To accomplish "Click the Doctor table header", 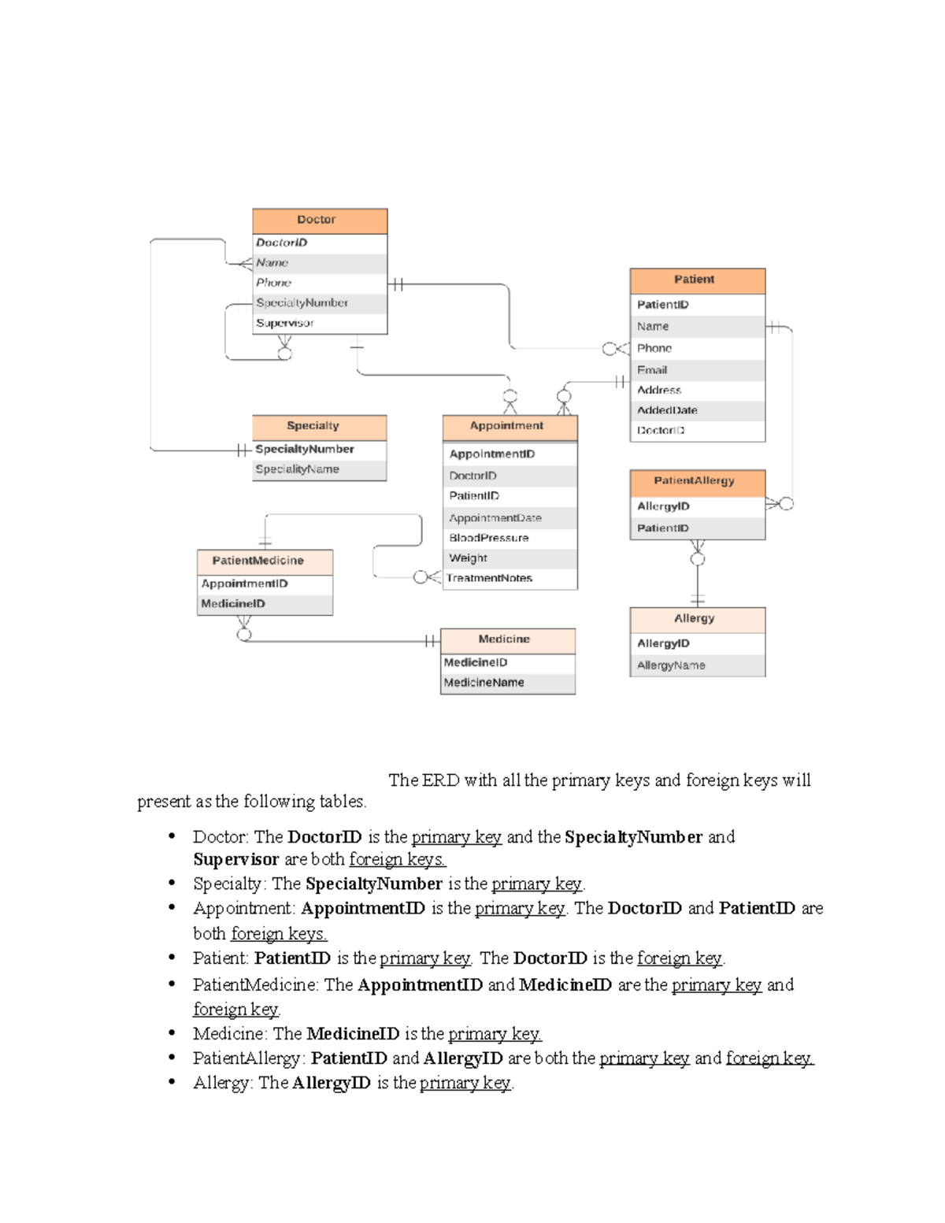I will coord(319,221).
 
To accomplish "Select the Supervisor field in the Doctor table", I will coord(285,323).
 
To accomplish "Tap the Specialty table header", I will coord(319,426).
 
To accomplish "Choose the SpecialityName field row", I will coord(298,469).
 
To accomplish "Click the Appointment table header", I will coord(510,426).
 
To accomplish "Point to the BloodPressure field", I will coord(489,538).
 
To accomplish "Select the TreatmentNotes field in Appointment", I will coord(490,578).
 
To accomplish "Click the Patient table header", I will coord(697,280).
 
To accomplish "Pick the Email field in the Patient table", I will coord(652,369).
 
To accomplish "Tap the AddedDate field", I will coord(667,410).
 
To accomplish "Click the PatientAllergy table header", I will coord(697,481).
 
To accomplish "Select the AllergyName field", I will coord(671,665).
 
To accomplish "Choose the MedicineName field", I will coord(484,683).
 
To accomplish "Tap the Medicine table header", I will coord(507,639).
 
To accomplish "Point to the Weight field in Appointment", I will coord(469,558).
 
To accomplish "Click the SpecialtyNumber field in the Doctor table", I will coord(302,302).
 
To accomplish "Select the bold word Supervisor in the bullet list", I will coord(236,859).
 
